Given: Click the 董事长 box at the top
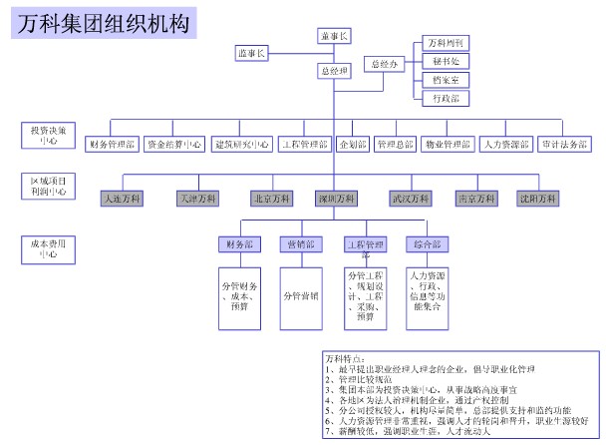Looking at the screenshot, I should [335, 36].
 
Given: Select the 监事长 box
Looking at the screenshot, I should [251, 53].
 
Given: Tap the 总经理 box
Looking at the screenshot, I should [335, 71].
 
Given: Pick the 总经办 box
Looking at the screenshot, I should [385, 64].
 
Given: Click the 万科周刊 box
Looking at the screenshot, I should [445, 43].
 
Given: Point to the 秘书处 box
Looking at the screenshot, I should [445, 61].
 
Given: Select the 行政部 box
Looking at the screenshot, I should [445, 98].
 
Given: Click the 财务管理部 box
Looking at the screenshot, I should [111, 144].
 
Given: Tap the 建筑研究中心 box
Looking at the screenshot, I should [242, 144].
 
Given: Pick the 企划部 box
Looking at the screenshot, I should [353, 144].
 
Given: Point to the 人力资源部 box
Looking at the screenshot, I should [504, 144].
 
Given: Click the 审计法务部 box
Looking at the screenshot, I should [564, 144].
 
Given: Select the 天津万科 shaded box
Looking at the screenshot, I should [195, 199].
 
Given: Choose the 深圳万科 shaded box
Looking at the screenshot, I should [335, 199].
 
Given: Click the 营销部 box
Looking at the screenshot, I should [301, 244].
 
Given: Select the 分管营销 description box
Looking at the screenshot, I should [301, 295].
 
